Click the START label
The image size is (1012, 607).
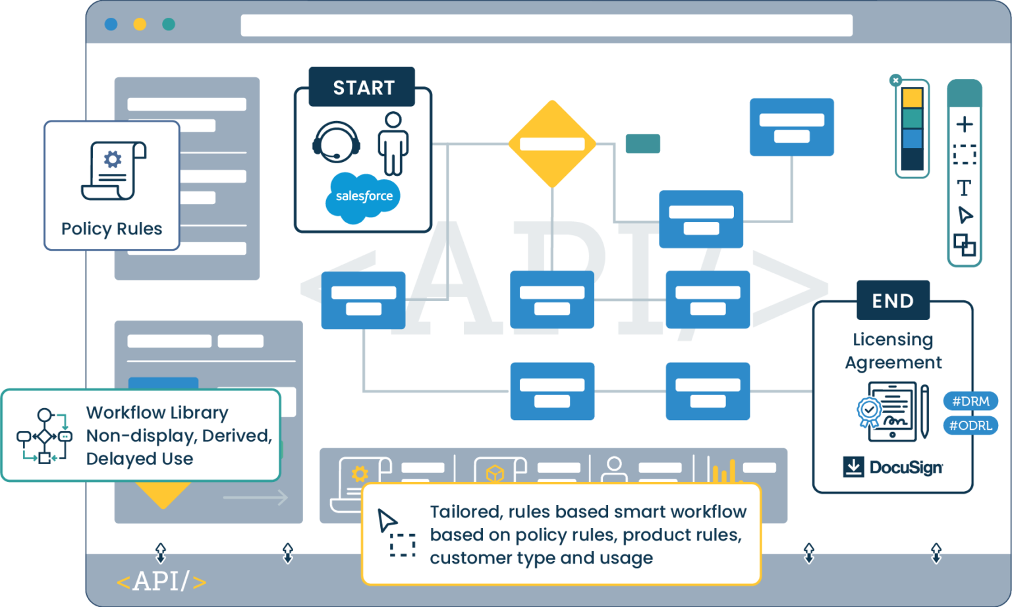coord(362,87)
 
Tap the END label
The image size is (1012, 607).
coord(893,300)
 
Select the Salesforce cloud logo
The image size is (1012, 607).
coord(363,196)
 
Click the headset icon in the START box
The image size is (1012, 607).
coord(336,142)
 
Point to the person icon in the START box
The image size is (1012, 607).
coord(393,144)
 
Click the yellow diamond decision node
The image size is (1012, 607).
coord(552,144)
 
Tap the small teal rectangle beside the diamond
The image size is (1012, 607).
coord(642,144)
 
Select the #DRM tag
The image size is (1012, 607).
coord(970,401)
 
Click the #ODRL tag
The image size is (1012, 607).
coord(970,425)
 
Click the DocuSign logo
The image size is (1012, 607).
coord(893,467)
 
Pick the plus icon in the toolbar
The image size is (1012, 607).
coord(965,124)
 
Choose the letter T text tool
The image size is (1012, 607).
coord(964,188)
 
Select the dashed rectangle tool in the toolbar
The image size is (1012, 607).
coord(965,155)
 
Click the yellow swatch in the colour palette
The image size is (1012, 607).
coord(912,98)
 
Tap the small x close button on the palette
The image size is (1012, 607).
coord(895,80)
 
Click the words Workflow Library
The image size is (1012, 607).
coord(157,413)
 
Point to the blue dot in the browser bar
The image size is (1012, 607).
coord(111,24)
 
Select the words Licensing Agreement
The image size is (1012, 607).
coord(893,351)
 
